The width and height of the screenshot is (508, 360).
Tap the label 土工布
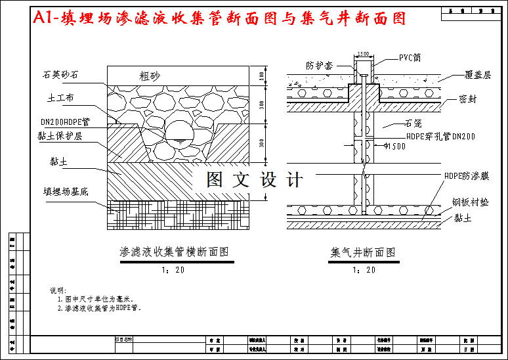[x=60, y=98]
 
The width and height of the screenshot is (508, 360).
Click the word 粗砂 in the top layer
[x=150, y=76]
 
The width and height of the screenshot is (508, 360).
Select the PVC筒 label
[x=410, y=58]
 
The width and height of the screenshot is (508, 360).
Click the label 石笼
[x=412, y=123]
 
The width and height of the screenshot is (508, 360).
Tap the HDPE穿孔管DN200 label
[x=440, y=137]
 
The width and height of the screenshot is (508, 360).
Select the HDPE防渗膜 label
[x=467, y=176]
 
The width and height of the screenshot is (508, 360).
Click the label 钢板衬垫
[x=471, y=202]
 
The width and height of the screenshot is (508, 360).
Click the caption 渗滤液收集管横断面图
[x=174, y=252]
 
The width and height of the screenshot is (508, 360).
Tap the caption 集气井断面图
[x=362, y=252]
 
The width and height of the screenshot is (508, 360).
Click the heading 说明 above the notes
[x=58, y=290]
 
